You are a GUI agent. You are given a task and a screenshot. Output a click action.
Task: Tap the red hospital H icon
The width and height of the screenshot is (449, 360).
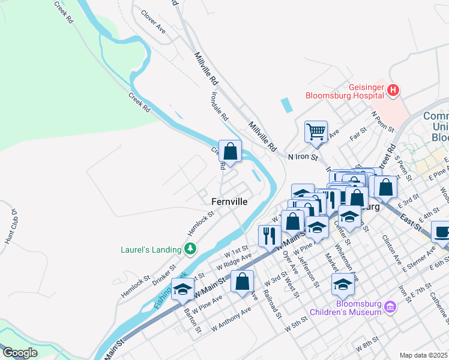[393, 91]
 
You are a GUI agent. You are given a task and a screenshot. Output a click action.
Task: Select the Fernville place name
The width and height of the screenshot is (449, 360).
[229, 202]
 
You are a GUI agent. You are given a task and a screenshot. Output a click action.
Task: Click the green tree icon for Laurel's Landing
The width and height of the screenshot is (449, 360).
[190, 247]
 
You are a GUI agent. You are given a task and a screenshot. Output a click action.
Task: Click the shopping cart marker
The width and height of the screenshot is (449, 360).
[316, 130]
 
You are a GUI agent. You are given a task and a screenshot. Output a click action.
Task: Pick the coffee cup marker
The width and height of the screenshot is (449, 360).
[442, 231]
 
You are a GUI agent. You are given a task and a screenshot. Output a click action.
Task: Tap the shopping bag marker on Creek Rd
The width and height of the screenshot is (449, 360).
[230, 151]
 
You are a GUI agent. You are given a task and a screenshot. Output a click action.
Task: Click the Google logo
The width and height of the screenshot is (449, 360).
[20, 353]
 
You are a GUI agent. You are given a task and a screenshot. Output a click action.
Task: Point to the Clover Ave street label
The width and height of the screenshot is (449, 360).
[153, 21]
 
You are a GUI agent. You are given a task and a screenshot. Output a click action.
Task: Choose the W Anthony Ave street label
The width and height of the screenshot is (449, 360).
[231, 320]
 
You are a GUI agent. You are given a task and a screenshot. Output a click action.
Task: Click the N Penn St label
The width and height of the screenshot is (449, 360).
[382, 121]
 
